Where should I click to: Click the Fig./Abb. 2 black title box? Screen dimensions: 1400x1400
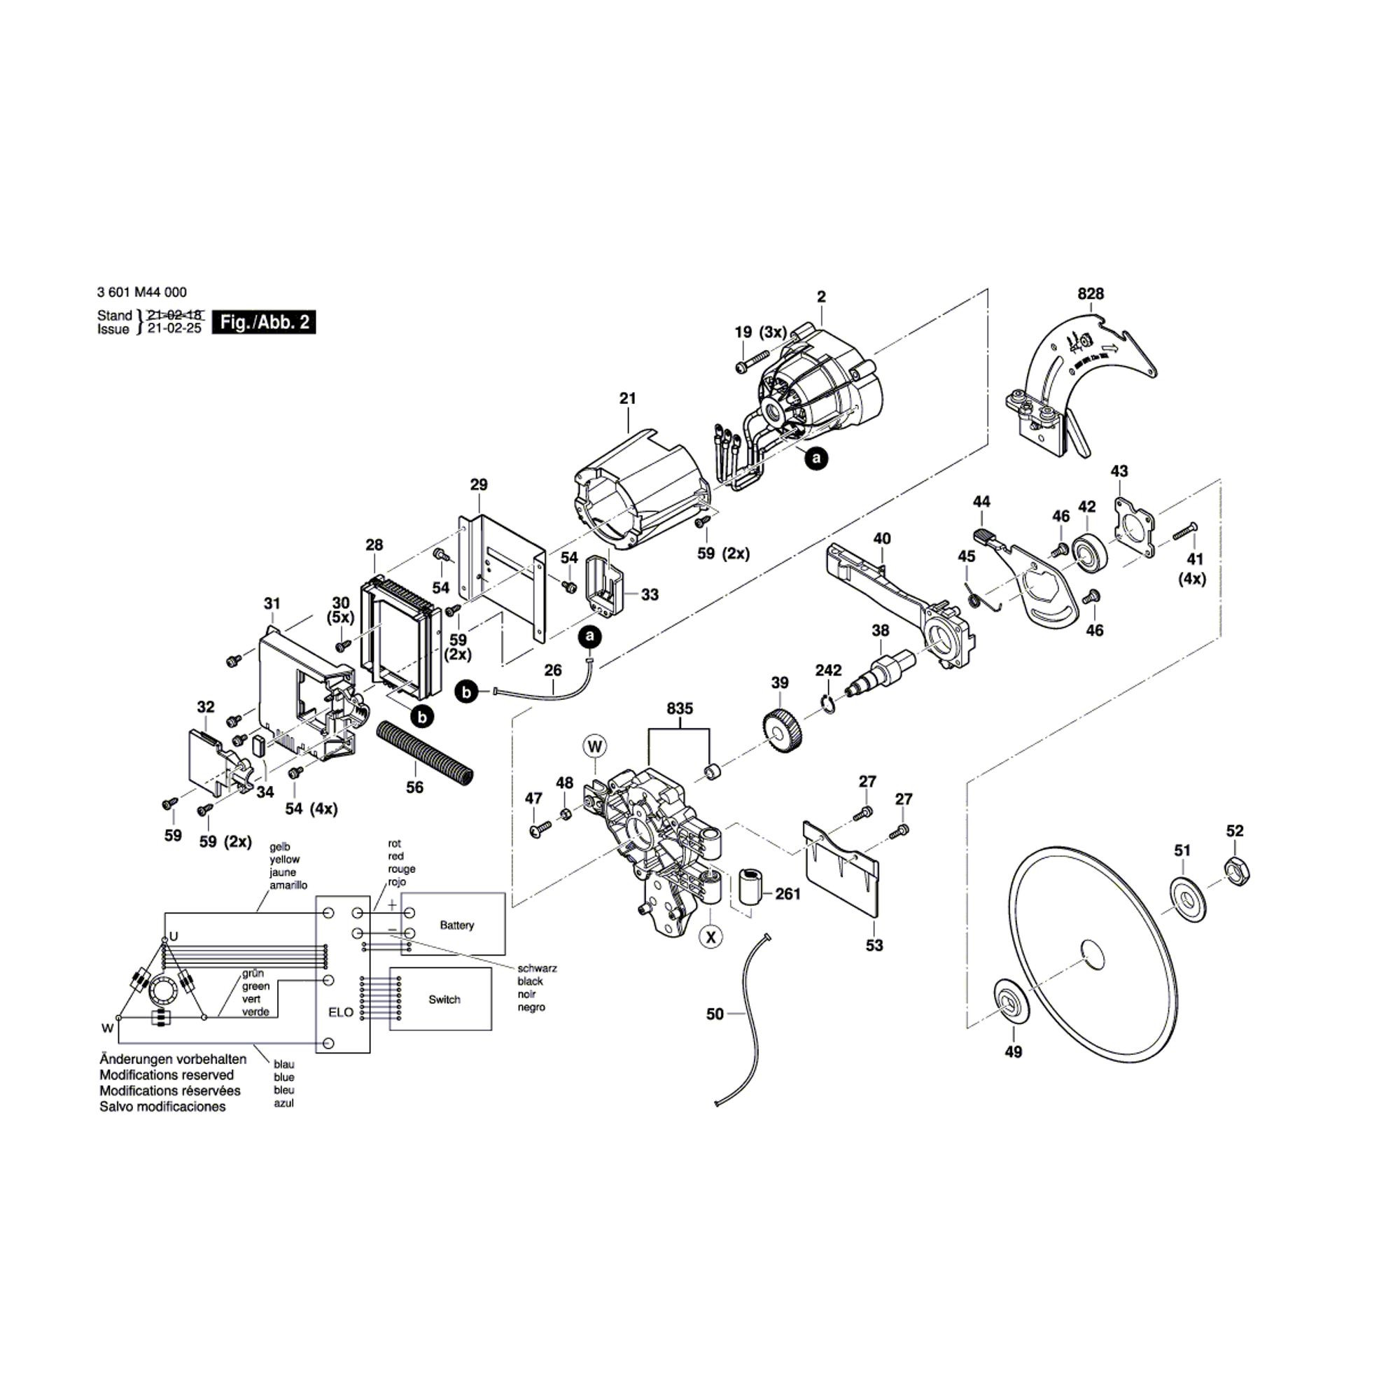[264, 323]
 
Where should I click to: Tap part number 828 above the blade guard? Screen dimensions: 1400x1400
[1090, 293]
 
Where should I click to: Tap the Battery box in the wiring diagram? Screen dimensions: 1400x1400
[456, 925]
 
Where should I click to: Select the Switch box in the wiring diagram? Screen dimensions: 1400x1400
[444, 1000]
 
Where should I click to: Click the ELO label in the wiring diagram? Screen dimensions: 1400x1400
[341, 1012]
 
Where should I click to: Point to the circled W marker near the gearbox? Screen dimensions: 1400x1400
[595, 746]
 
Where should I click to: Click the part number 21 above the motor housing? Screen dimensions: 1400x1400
[627, 398]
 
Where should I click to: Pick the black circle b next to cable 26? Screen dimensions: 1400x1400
[466, 692]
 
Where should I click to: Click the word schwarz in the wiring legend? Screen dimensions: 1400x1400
[537, 968]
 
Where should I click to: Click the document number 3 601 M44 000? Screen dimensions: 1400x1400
[142, 292]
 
